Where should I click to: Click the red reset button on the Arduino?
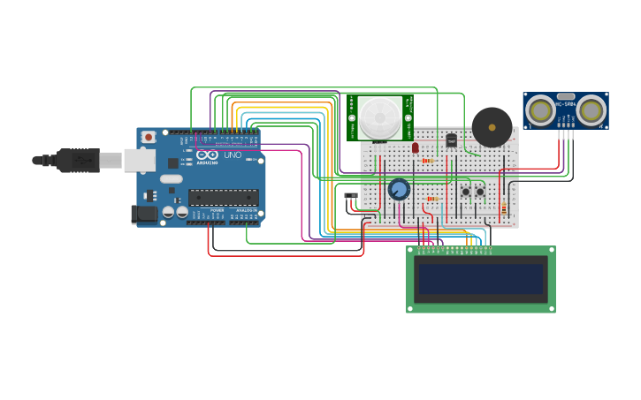click(149, 137)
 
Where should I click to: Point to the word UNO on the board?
click(233, 155)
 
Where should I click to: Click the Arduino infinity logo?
click(208, 155)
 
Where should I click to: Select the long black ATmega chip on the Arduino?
click(223, 197)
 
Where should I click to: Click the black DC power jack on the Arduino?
click(144, 214)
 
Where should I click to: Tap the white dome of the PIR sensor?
click(380, 117)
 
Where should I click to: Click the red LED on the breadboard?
click(416, 147)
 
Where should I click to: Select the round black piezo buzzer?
click(492, 127)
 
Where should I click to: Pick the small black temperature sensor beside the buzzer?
click(451, 140)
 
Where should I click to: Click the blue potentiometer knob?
click(399, 189)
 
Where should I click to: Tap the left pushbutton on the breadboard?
click(466, 192)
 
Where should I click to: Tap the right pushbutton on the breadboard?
click(480, 192)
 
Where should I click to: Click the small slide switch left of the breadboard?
click(351, 195)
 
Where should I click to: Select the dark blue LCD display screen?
click(481, 279)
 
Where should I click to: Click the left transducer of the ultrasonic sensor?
click(540, 110)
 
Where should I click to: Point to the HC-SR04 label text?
click(566, 105)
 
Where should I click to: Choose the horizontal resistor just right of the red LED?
click(428, 161)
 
